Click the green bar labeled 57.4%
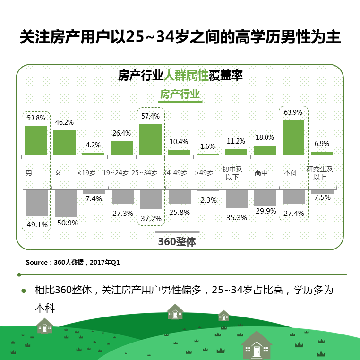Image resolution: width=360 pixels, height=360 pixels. pyautogui.click(x=150, y=139)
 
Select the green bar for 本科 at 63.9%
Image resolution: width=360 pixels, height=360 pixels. pyautogui.click(x=293, y=137)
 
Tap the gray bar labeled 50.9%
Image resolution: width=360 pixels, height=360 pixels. pyautogui.click(x=66, y=203)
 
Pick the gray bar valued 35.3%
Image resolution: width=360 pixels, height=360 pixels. pyautogui.click(x=236, y=199)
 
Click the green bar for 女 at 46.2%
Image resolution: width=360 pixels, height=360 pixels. pyautogui.click(x=64, y=142)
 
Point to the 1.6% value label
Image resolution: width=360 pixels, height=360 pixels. pyautogui.click(x=207, y=146)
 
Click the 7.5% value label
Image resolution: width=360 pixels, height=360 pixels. pyautogui.click(x=322, y=197)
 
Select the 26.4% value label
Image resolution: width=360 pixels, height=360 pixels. pyautogui.click(x=121, y=133)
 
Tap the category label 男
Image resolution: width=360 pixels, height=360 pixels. pyautogui.click(x=29, y=173)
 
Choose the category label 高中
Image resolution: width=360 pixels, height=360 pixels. pyautogui.click(x=261, y=173)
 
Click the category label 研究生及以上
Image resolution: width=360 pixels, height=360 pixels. pyautogui.click(x=320, y=173)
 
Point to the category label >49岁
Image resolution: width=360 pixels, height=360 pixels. pyautogui.click(x=204, y=173)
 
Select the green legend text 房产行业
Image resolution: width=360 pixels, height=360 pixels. pyautogui.click(x=180, y=94)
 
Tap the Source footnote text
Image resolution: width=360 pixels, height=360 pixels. pyautogui.click(x=73, y=262)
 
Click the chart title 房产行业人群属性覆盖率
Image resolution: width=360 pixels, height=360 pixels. pyautogui.click(x=180, y=75)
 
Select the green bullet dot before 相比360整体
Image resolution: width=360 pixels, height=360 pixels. pyautogui.click(x=24, y=290)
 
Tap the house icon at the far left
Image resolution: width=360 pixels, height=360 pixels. pyautogui.click(x=44, y=326)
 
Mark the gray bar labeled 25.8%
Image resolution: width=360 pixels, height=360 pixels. pyautogui.click(x=180, y=197)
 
